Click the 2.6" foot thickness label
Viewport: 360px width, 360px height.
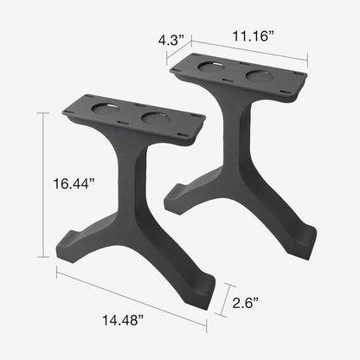click(x=247, y=303)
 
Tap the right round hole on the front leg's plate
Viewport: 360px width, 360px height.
click(x=154, y=118)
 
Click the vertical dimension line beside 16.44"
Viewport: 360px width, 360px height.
click(x=41, y=183)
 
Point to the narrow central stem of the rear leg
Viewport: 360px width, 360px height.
click(x=235, y=138)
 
